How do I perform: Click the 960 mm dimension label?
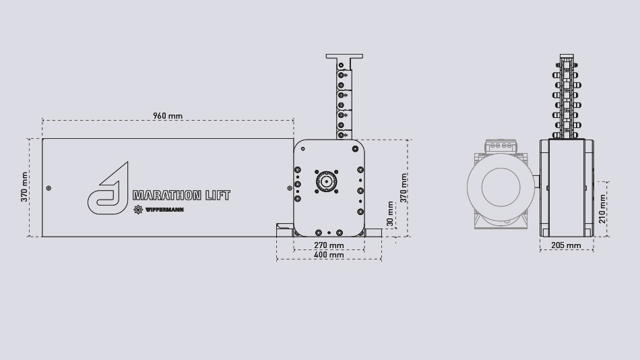point(168,116)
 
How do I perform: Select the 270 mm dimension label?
point(329,245)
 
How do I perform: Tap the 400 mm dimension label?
point(329,255)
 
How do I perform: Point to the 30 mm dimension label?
point(390,213)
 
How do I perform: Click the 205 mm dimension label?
point(566,245)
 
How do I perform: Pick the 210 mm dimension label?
point(602,209)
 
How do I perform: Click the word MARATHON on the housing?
point(167,196)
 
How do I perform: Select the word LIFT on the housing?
point(218,196)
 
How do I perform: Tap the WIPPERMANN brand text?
point(164,210)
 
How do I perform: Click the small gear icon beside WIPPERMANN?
point(139,210)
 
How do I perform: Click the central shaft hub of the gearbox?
point(325,181)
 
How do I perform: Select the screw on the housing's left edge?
point(48,188)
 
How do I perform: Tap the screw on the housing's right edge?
point(285,188)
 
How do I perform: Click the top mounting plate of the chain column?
point(343,57)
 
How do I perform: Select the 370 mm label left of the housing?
point(25,187)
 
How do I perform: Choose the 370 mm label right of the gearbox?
point(404,187)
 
